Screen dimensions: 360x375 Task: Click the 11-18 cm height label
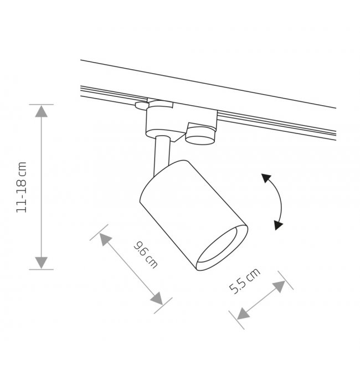pos(21,187)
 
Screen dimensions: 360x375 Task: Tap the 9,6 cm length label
pos(146,255)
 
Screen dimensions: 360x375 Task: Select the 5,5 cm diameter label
pos(244,281)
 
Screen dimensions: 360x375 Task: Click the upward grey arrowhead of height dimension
pos(41,111)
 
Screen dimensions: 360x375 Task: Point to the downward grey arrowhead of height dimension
pos(41,263)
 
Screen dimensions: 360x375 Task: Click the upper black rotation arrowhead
pos(266,178)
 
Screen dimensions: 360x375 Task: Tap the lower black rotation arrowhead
pos(278,225)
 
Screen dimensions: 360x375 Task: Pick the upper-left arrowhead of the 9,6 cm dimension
pos(105,239)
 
